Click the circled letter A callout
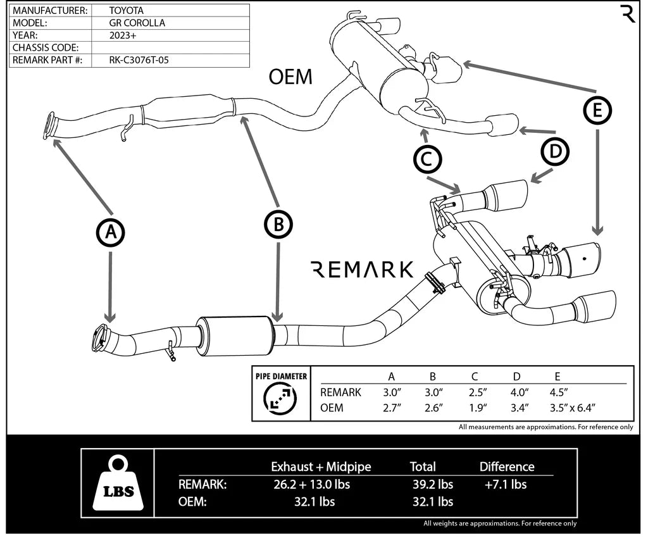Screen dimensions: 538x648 coord(111,233)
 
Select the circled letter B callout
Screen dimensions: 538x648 coord(278,223)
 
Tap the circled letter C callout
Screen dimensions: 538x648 coord(427,160)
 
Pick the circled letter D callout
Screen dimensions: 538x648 coord(555,152)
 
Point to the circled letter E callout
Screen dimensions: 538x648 coord(597,111)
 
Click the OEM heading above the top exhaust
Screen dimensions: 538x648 coord(290,77)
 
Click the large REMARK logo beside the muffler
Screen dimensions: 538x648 coord(363,270)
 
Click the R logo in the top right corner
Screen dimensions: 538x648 coord(628,13)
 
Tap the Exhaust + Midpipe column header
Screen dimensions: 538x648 coord(321,467)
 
